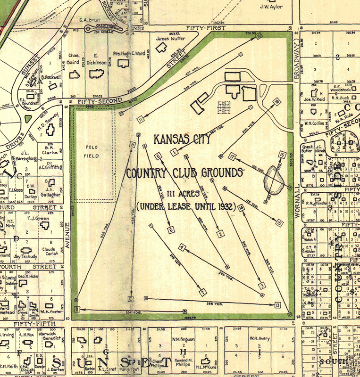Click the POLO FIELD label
click(x=94, y=149)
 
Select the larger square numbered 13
click(x=277, y=305)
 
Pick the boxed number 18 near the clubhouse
click(x=277, y=101)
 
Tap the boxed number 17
click(x=232, y=156)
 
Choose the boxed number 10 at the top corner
click(x=259, y=36)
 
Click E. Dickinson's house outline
click(x=96, y=74)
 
